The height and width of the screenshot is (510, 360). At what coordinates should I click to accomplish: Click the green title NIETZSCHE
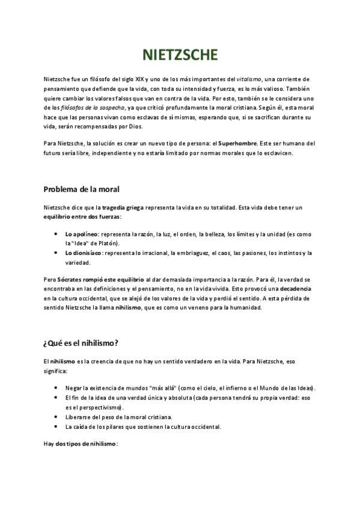(x=180, y=56)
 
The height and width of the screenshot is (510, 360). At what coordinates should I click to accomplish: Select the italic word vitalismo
(x=248, y=80)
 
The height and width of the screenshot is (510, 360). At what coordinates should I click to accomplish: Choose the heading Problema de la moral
(x=81, y=190)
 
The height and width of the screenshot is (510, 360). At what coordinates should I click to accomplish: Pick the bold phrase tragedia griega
(x=123, y=207)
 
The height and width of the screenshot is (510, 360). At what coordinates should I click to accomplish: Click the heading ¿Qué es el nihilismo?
(x=81, y=344)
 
